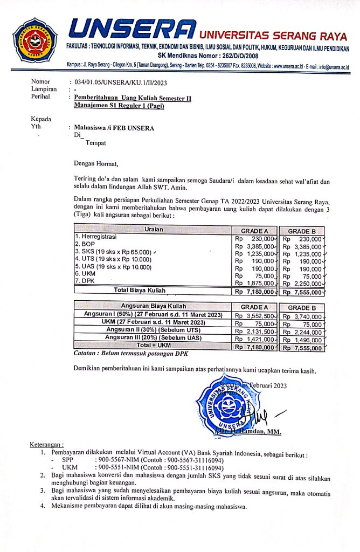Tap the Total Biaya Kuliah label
click(x=140, y=291)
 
